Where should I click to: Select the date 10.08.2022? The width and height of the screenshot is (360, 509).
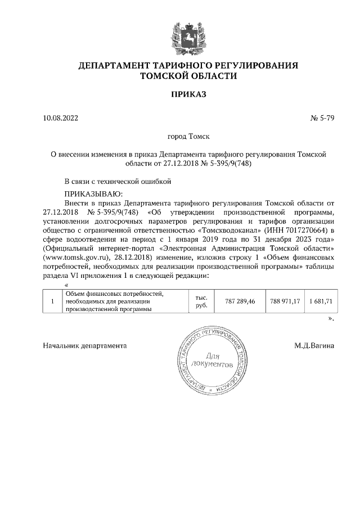click(61, 118)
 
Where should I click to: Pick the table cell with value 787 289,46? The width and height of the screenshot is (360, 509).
click(240, 301)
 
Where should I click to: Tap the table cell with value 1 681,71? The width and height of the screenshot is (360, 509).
click(321, 301)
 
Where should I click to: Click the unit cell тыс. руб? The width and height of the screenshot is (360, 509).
click(201, 301)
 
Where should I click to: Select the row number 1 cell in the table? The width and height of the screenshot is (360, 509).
click(52, 301)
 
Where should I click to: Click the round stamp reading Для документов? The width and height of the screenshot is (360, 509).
click(211, 360)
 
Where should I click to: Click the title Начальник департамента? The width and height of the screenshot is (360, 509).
click(84, 345)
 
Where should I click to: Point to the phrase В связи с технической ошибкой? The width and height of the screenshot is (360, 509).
click(117, 181)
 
